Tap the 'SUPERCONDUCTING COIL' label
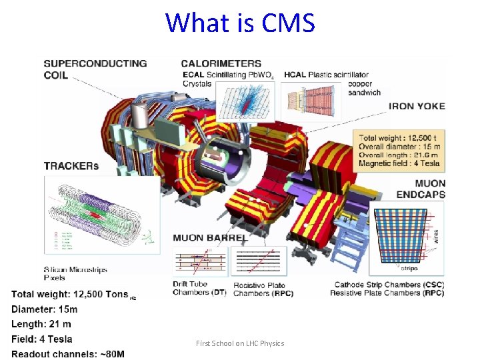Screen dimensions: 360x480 (x=95, y=69)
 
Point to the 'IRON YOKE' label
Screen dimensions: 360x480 (x=417, y=105)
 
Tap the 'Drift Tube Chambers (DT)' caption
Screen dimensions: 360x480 (x=199, y=289)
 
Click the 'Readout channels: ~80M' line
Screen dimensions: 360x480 (x=68, y=353)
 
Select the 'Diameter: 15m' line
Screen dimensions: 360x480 (x=45, y=309)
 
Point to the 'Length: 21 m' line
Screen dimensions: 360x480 (x=41, y=324)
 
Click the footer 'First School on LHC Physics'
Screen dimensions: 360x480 (x=240, y=343)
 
